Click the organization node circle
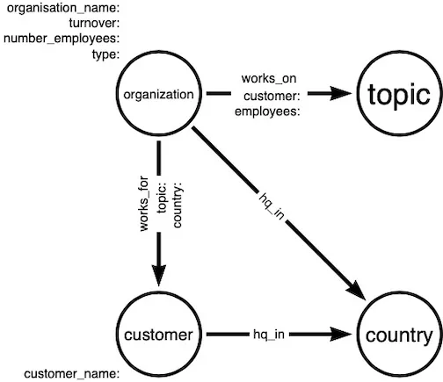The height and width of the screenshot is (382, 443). coord(158,95)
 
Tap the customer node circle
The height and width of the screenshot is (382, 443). coord(158,335)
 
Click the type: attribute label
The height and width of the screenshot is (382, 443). coord(105,54)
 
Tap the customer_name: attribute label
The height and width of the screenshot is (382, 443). coord(71,373)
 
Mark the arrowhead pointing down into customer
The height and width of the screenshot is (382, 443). coord(158,274)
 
